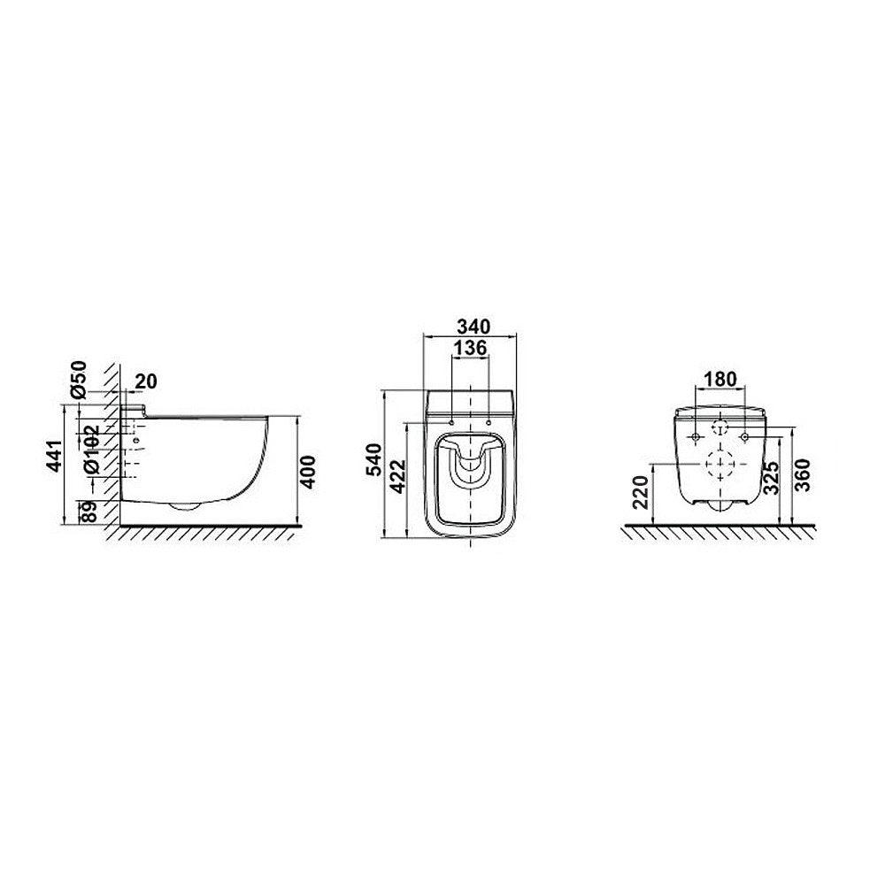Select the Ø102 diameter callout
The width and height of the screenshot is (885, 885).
click(x=91, y=452)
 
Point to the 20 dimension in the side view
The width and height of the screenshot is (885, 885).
click(x=146, y=381)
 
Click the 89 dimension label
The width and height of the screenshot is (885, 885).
click(x=88, y=511)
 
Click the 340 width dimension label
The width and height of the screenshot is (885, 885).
click(x=470, y=326)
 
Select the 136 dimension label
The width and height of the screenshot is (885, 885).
click(x=470, y=349)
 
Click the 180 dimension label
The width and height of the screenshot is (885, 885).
click(x=720, y=378)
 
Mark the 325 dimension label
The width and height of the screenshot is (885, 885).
click(x=772, y=478)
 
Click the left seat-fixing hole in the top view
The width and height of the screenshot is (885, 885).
click(x=451, y=420)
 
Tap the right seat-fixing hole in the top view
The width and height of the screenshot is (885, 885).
click(x=489, y=420)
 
